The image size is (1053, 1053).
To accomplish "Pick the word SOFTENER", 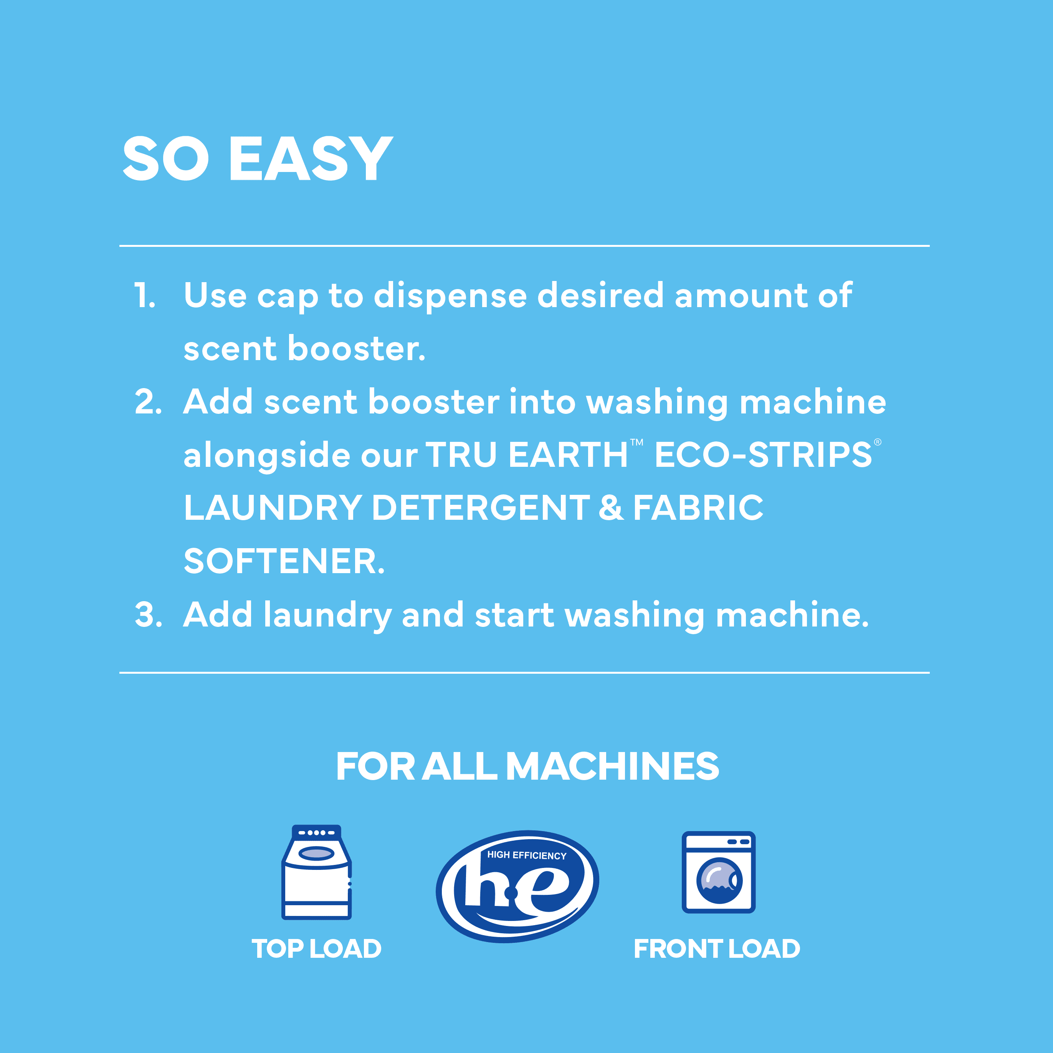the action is (284, 561).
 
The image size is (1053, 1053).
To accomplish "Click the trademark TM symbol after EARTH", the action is (636, 443).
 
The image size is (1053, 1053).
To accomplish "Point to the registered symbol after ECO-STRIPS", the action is (878, 442).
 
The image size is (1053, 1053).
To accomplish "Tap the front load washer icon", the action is (718, 872).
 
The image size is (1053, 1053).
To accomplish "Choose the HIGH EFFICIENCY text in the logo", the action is (527, 855).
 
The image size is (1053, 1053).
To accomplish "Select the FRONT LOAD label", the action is (717, 949).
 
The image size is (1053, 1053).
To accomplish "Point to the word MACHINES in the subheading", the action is (613, 766).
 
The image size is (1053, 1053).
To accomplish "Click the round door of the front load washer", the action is (719, 880).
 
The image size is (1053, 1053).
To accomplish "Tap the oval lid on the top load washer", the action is (316, 853).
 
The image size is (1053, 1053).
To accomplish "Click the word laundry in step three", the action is (327, 616).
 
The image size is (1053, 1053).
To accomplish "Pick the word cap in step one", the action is (287, 299).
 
